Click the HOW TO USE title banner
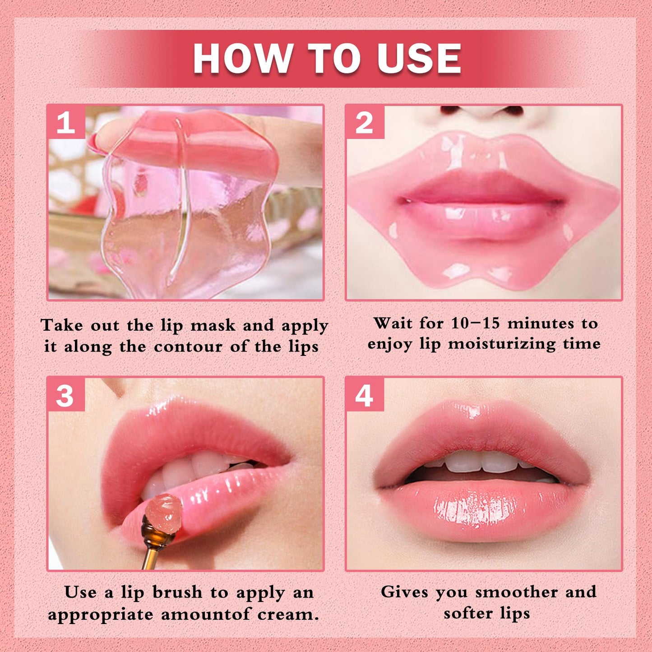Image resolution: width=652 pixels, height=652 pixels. (x=326, y=59)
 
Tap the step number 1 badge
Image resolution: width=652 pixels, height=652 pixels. (x=66, y=122)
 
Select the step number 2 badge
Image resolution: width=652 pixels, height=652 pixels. (x=365, y=122)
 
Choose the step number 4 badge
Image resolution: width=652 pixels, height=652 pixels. (x=365, y=395)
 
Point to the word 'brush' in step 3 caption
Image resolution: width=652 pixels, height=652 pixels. (x=177, y=592)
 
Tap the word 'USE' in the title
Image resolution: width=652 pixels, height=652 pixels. (x=420, y=59)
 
